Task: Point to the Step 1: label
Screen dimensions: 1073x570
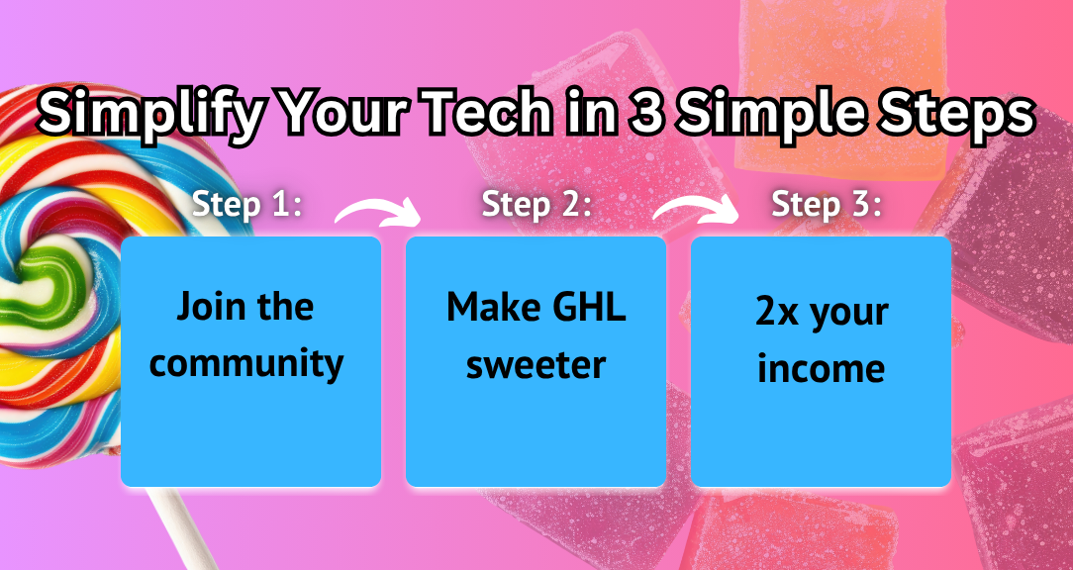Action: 246,204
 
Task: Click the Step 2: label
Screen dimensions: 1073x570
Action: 536,204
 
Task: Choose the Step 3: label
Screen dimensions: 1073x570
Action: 826,204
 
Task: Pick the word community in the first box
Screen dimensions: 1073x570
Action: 246,365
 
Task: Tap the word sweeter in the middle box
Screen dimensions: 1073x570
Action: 536,365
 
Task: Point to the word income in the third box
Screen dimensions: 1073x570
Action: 822,369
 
